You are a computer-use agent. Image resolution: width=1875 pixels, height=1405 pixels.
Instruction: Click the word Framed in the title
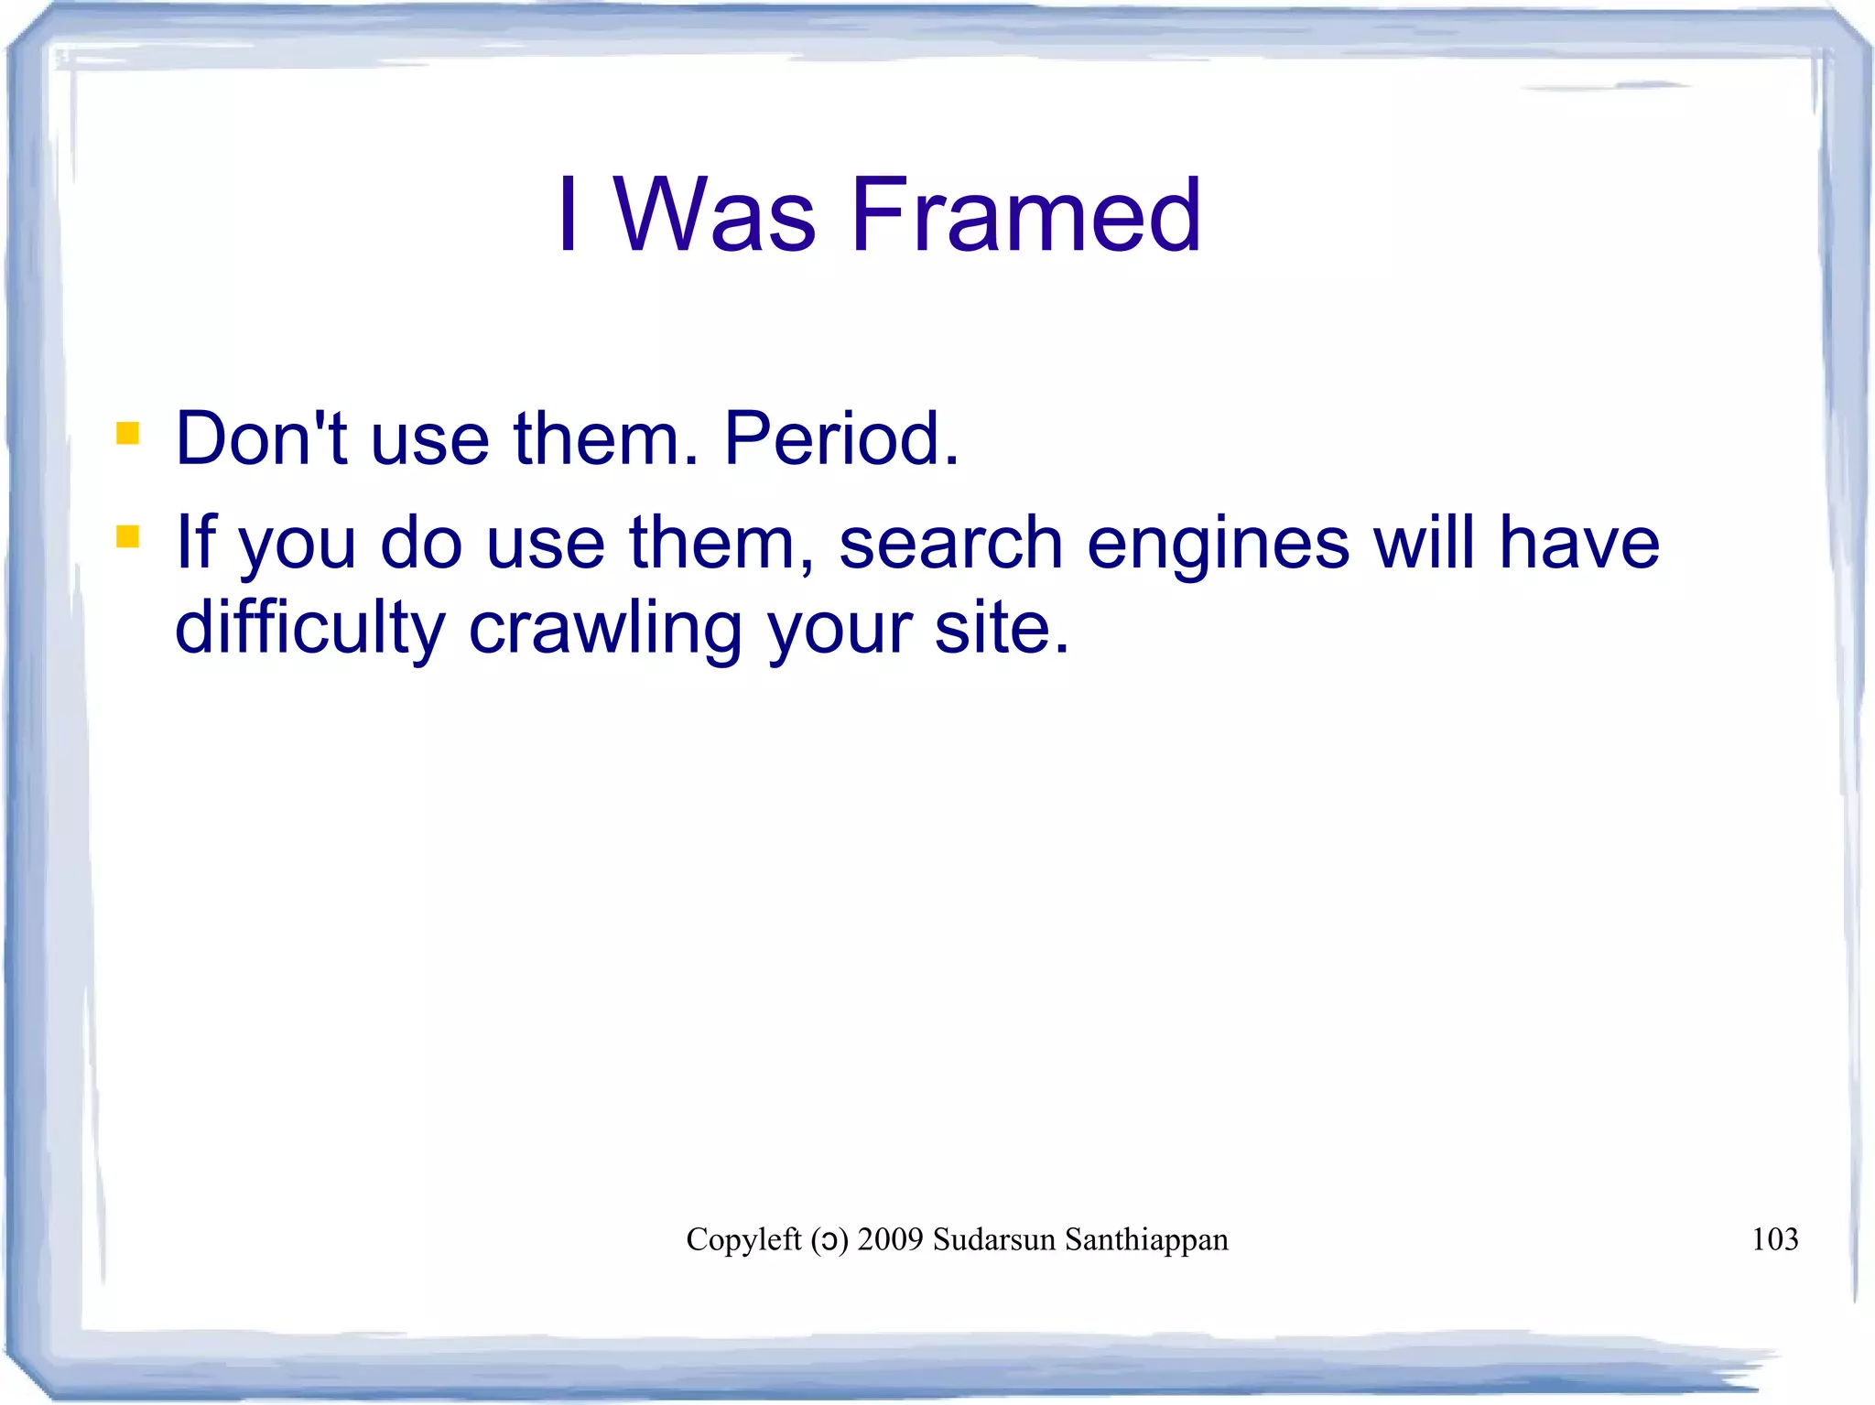tap(1025, 215)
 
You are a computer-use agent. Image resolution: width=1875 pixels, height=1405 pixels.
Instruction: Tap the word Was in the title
tap(714, 215)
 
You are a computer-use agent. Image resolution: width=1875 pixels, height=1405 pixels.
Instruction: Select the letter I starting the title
tap(569, 215)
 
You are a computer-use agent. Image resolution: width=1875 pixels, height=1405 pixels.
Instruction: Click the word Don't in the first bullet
tap(261, 439)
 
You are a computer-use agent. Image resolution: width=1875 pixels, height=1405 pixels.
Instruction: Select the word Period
tap(840, 439)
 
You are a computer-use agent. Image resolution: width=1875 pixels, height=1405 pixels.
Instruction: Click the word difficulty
tap(309, 630)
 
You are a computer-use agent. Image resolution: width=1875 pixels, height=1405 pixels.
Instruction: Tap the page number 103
tap(1774, 1239)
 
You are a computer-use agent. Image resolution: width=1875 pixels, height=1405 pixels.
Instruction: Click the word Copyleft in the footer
tap(743, 1239)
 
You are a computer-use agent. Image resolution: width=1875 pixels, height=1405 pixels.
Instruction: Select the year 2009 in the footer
tap(890, 1239)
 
